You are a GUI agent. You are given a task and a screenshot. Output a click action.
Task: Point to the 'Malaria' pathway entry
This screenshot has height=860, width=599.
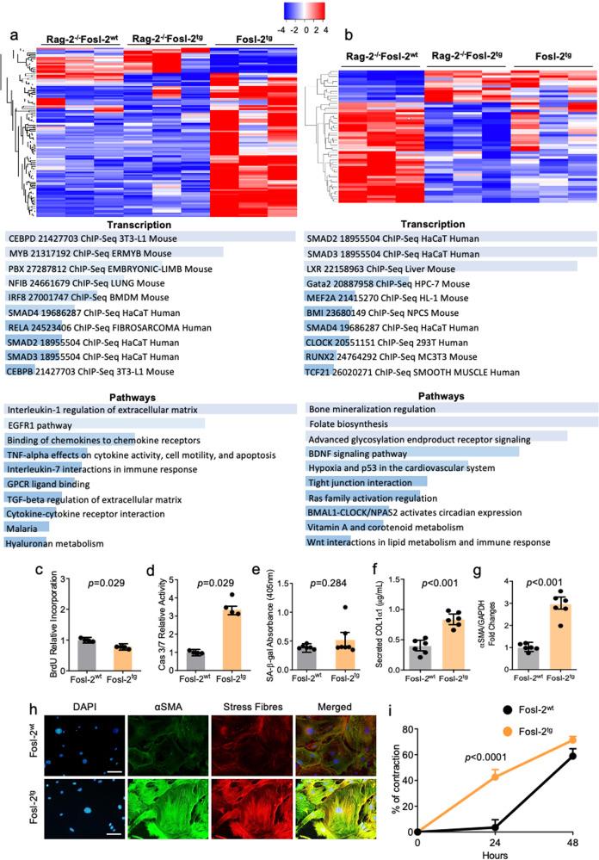point(23,527)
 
